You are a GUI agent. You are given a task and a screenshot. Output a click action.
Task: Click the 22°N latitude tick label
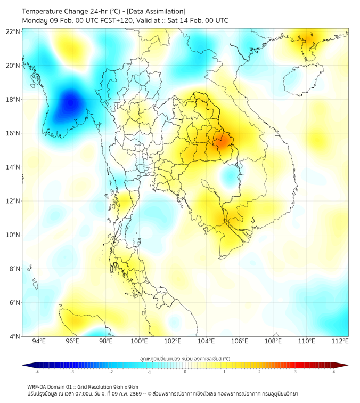point(13,31)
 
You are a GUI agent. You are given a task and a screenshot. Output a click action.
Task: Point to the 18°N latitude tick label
point(13,99)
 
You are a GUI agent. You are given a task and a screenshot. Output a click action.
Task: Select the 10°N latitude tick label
point(13,235)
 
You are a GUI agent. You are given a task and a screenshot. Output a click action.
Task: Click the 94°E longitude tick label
point(39,342)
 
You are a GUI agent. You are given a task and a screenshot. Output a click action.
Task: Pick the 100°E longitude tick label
point(139,342)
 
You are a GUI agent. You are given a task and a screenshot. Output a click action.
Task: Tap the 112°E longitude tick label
point(340,342)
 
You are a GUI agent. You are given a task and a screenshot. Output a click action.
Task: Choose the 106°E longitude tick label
point(240,342)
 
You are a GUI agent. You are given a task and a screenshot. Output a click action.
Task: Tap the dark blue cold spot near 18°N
point(70,101)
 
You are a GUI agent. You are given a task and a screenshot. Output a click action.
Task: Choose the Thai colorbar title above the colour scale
point(185,359)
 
